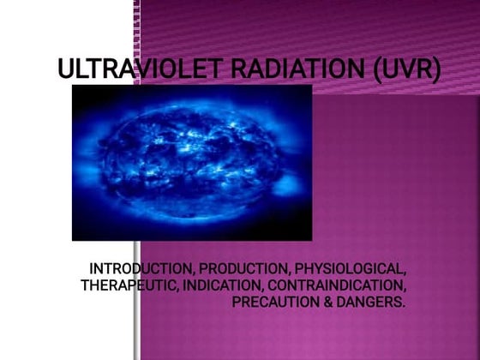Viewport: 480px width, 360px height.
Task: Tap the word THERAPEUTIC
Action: pyautogui.click(x=129, y=285)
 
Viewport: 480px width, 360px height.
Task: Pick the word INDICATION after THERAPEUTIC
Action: pyautogui.click(x=218, y=285)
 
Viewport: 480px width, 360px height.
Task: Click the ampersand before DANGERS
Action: pyautogui.click(x=322, y=302)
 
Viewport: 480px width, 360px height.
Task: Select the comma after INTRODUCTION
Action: pyautogui.click(x=193, y=271)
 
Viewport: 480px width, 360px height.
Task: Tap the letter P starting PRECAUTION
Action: pyautogui.click(x=237, y=302)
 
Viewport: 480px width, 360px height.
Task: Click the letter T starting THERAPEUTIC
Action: pyautogui.click(x=85, y=285)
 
